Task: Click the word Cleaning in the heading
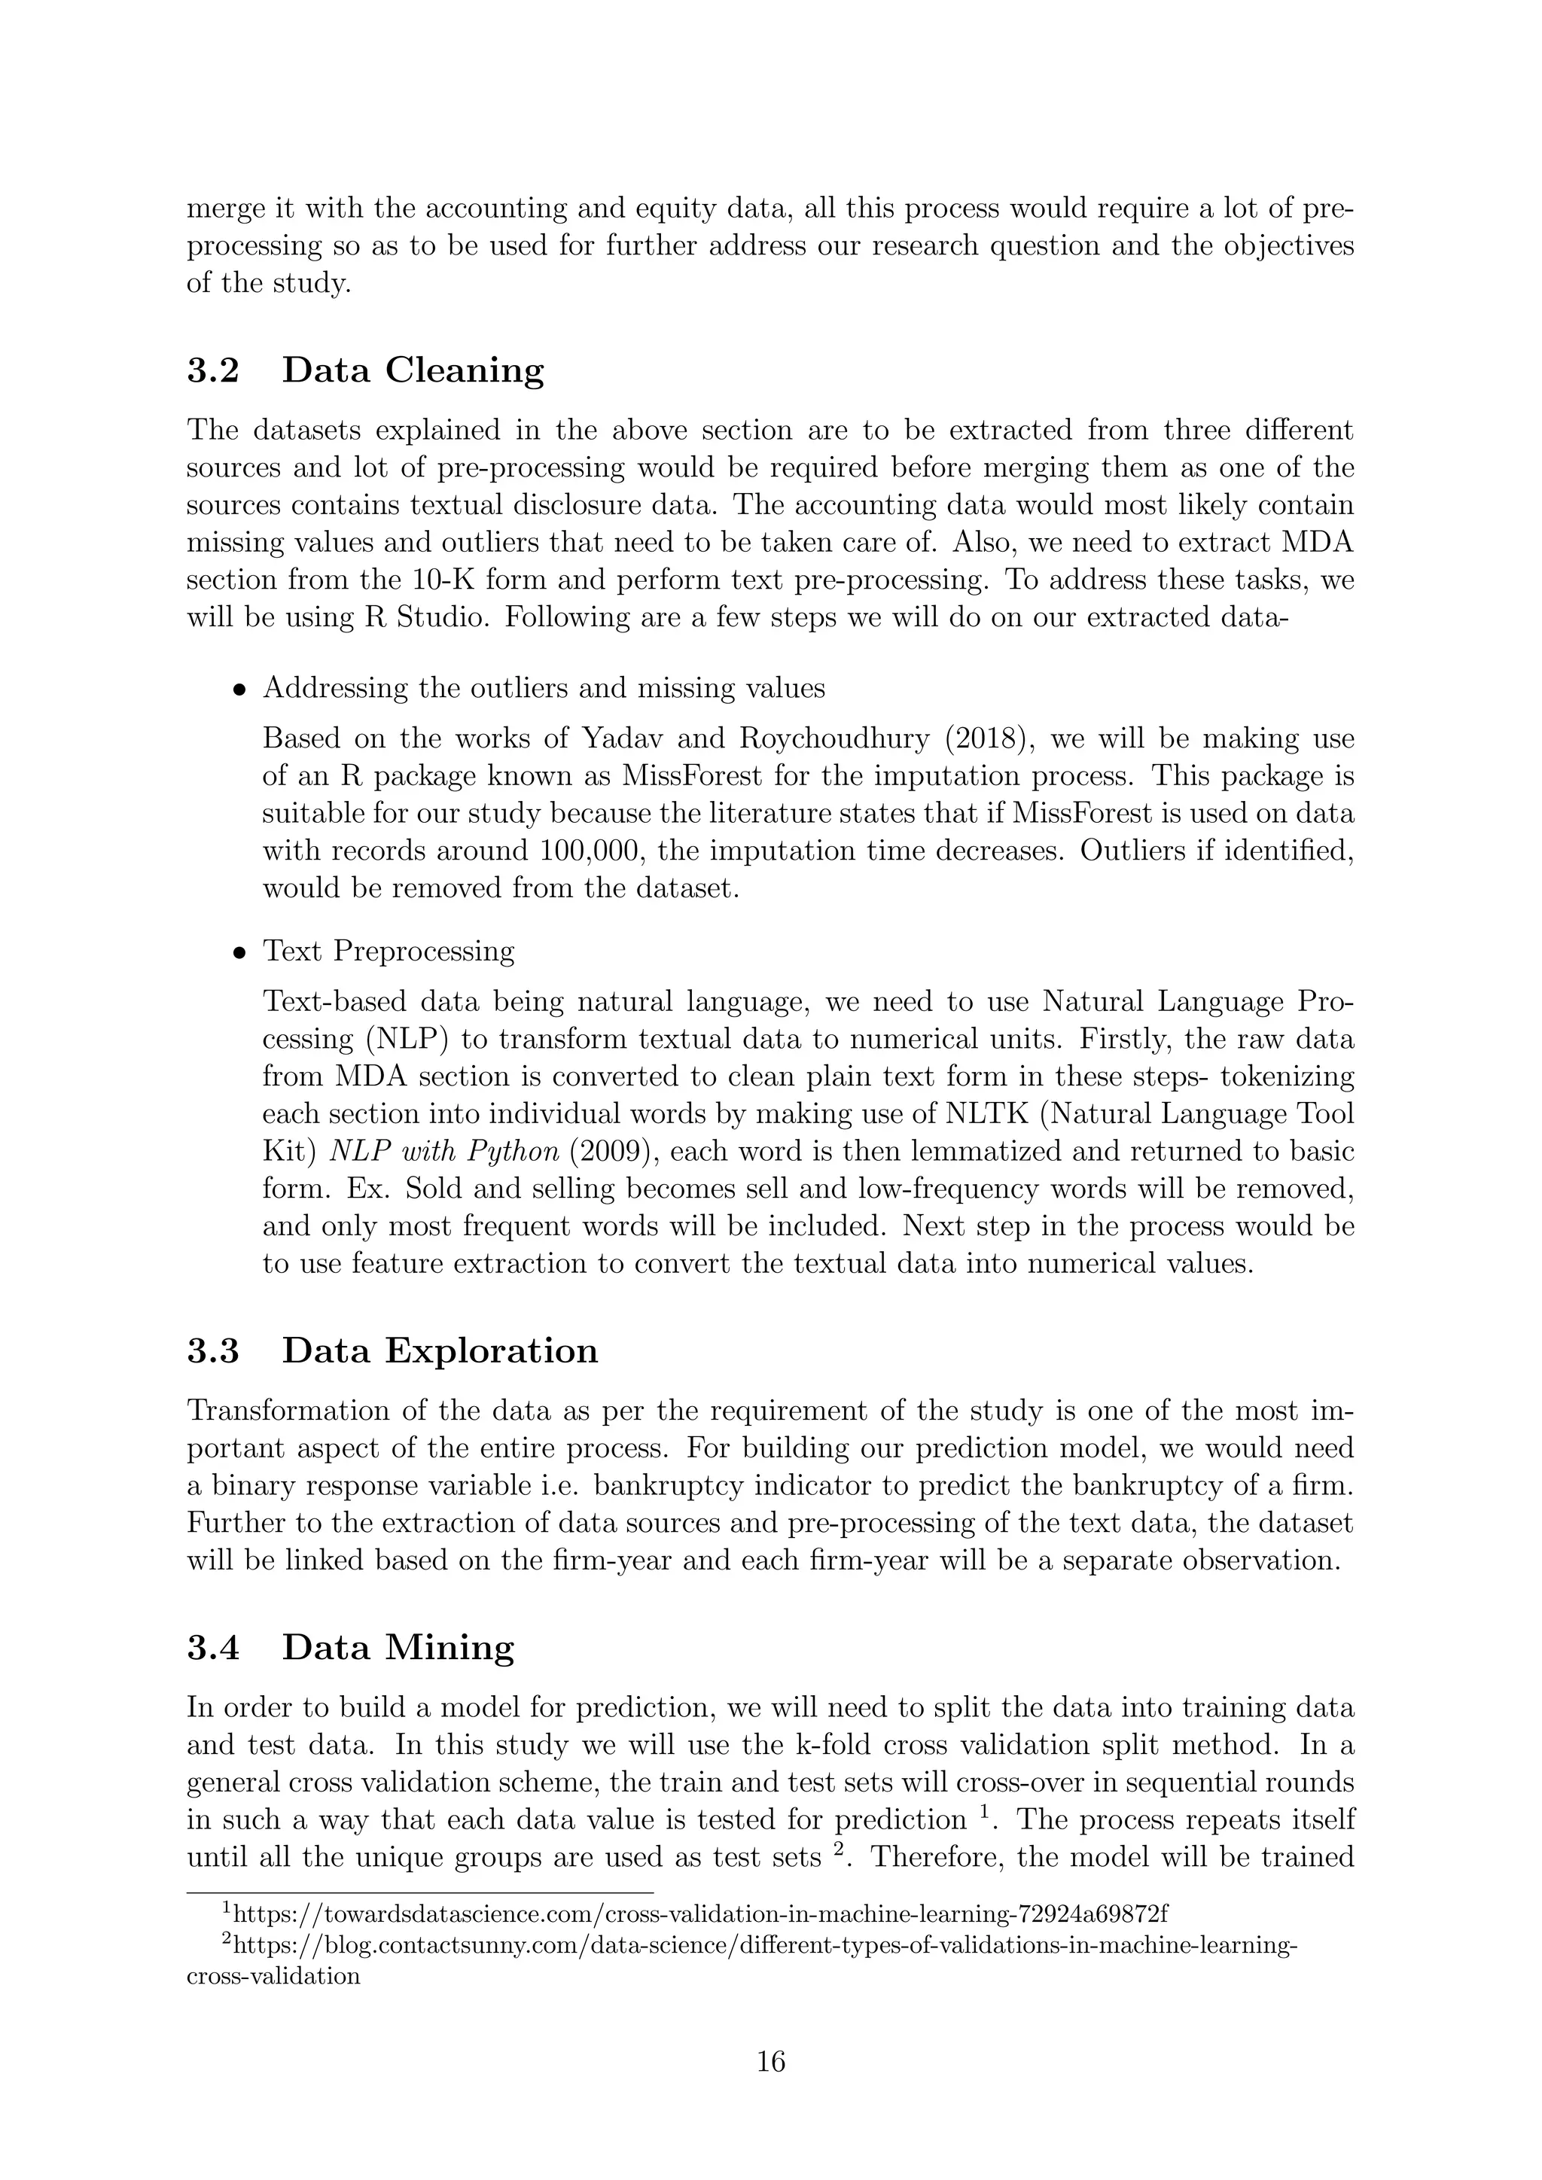[x=465, y=370]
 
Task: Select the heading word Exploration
[x=491, y=1351]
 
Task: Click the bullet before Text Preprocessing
[x=241, y=952]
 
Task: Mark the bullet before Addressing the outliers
[x=241, y=690]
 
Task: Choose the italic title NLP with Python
[x=444, y=1152]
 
